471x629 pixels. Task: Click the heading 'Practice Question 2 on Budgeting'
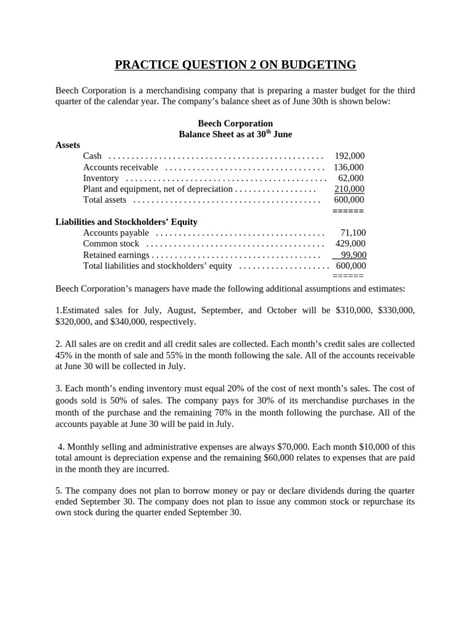pyautogui.click(x=235, y=64)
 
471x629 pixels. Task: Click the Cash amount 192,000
pyautogui.click(x=350, y=156)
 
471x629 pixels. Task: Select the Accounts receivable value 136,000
pyautogui.click(x=349, y=167)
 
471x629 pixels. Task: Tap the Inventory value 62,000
pyautogui.click(x=351, y=178)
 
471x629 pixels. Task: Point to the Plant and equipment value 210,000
pyautogui.click(x=349, y=189)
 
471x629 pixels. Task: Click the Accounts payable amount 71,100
pyautogui.click(x=353, y=233)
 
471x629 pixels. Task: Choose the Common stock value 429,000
pyautogui.click(x=350, y=244)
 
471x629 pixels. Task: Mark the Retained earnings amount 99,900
pyautogui.click(x=353, y=255)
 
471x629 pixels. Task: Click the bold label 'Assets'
pyautogui.click(x=68, y=145)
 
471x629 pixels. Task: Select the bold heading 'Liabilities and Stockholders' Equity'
pyautogui.click(x=126, y=222)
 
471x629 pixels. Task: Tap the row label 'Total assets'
pyautogui.click(x=105, y=200)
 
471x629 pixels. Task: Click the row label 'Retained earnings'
pyautogui.click(x=116, y=255)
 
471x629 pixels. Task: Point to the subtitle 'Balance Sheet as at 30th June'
pyautogui.click(x=235, y=134)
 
